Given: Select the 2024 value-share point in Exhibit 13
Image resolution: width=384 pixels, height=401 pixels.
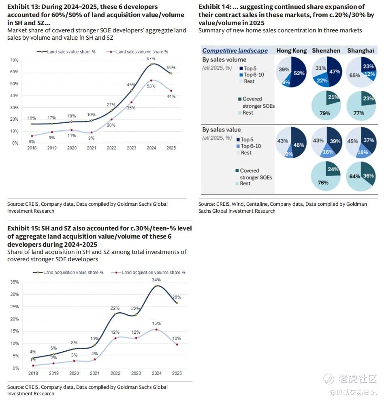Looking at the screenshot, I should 151,64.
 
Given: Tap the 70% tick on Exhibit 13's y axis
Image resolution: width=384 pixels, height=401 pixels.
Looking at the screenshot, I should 14,60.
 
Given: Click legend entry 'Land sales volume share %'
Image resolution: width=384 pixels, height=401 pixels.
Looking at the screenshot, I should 138,52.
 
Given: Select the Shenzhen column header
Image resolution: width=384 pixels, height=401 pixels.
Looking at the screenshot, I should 326,51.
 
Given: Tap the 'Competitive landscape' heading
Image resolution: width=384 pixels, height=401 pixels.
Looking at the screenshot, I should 235,51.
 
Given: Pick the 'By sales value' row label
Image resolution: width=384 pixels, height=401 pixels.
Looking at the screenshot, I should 222,130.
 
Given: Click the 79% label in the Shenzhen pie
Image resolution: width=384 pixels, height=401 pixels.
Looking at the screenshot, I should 325,113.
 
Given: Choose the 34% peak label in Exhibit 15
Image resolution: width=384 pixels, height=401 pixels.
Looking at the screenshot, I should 156,280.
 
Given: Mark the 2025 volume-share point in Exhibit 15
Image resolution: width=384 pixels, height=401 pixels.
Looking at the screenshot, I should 177,344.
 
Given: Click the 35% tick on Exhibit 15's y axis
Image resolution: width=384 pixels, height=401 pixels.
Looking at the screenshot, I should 14,282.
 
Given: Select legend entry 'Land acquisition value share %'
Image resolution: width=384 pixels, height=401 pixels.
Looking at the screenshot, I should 69,273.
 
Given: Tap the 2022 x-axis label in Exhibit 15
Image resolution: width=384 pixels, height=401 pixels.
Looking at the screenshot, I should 115,373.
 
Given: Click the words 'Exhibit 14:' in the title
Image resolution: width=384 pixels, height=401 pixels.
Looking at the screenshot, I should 214,7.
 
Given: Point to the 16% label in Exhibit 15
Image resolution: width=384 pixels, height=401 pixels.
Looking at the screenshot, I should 156,324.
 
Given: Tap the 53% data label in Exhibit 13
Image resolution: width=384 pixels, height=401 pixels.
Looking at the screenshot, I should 151,86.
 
